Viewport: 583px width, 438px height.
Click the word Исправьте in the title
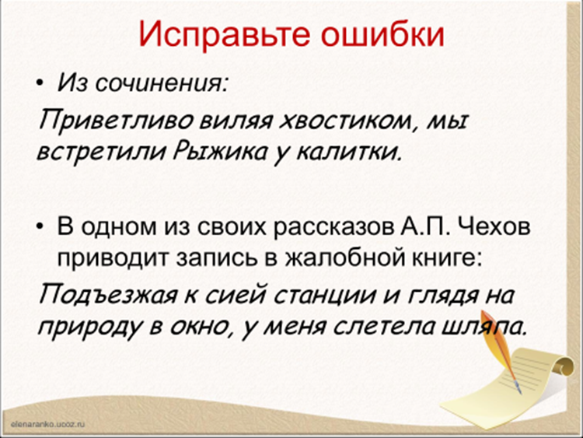224,35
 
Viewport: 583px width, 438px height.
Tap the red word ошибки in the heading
382,34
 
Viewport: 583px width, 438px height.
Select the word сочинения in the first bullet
161,83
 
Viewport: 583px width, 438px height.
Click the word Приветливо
116,121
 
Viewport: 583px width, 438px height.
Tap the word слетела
384,327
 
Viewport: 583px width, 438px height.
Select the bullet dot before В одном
40,226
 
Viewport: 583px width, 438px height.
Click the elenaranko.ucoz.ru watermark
48,424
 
